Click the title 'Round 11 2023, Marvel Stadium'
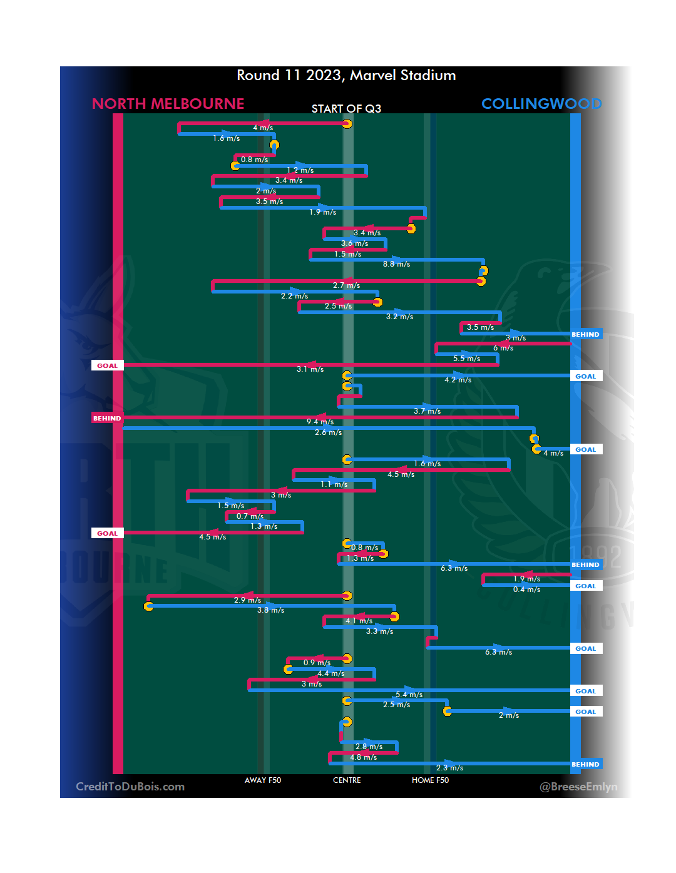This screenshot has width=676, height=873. [x=346, y=76]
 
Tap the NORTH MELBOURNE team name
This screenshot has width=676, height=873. [x=168, y=104]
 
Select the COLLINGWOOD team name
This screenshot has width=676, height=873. [x=541, y=104]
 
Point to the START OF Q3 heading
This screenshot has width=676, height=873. [x=346, y=109]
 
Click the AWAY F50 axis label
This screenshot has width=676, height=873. [x=263, y=780]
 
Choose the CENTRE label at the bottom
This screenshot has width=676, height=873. [x=347, y=780]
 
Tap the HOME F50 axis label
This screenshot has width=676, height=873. [x=430, y=780]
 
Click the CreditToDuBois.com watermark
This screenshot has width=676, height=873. [x=130, y=787]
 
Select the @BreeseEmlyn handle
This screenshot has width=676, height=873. [x=578, y=787]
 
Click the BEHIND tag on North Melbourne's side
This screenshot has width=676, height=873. [x=107, y=418]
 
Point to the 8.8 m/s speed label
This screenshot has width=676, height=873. [x=397, y=264]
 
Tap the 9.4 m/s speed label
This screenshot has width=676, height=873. [x=320, y=422]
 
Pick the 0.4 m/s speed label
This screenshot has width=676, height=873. [x=526, y=590]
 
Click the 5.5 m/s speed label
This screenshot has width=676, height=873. [x=467, y=359]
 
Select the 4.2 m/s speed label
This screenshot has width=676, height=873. [x=458, y=380]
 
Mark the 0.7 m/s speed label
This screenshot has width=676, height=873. [x=250, y=516]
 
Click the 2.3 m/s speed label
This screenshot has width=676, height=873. [x=450, y=768]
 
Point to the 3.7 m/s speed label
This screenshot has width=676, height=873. [x=427, y=411]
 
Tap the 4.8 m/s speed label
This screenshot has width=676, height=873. [x=363, y=757]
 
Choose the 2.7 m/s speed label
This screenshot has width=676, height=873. [x=346, y=285]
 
